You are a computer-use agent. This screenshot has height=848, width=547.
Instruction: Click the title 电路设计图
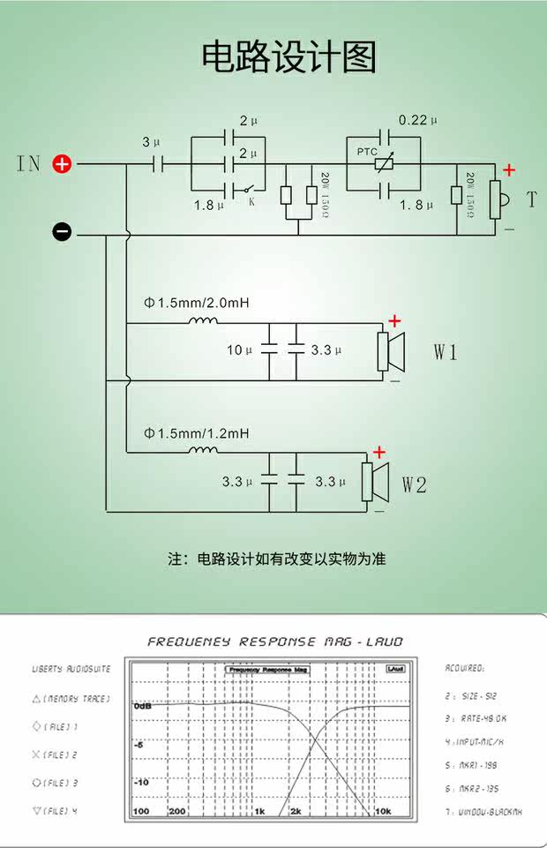[289, 57]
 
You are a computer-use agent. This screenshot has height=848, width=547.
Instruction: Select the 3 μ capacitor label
[151, 142]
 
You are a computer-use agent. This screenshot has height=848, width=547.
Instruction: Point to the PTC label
[367, 152]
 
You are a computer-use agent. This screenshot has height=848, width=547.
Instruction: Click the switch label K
[251, 201]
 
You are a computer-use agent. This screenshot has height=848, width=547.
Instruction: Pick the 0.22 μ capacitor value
[418, 120]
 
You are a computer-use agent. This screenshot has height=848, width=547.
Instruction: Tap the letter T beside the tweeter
[531, 200]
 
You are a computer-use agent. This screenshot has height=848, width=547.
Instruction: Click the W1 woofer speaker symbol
[390, 350]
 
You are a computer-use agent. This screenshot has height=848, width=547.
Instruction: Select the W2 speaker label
[415, 484]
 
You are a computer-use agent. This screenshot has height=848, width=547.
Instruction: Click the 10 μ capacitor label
[239, 350]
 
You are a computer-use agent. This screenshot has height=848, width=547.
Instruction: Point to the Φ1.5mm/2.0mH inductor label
[197, 303]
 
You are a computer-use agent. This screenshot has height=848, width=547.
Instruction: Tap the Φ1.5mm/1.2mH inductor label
[197, 433]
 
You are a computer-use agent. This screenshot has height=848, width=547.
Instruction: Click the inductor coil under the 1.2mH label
[203, 452]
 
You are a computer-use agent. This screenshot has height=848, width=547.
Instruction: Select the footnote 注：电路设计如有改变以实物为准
[277, 559]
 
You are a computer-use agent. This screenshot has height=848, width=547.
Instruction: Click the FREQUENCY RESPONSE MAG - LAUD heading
[274, 642]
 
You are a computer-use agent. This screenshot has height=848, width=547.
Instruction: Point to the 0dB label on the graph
[143, 707]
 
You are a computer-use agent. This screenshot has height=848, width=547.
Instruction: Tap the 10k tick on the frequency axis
[383, 811]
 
